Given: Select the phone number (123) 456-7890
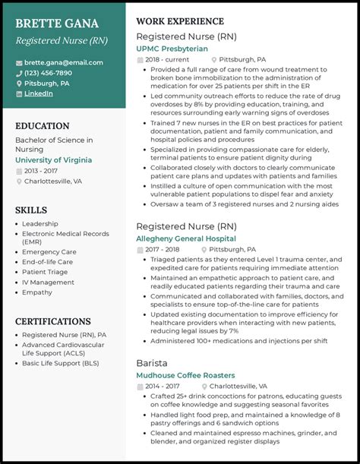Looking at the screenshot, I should coord(48,73).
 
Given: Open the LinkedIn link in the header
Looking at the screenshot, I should coord(38,93).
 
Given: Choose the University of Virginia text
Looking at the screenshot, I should coord(53,160).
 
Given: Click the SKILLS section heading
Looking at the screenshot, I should coord(31,210).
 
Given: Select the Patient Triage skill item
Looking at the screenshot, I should coord(44,271).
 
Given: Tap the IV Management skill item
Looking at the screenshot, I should coord(48,282).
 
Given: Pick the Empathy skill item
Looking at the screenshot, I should coord(37,292).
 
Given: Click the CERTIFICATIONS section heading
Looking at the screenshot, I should coord(53,322).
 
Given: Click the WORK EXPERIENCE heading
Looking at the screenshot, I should coord(180,21).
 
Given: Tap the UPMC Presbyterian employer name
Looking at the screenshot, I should coord(172,48).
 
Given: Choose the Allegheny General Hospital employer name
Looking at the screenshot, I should coord(186,238).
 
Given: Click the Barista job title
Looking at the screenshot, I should coord(153,363).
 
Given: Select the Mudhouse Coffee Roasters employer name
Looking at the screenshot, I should coord(186,375).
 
